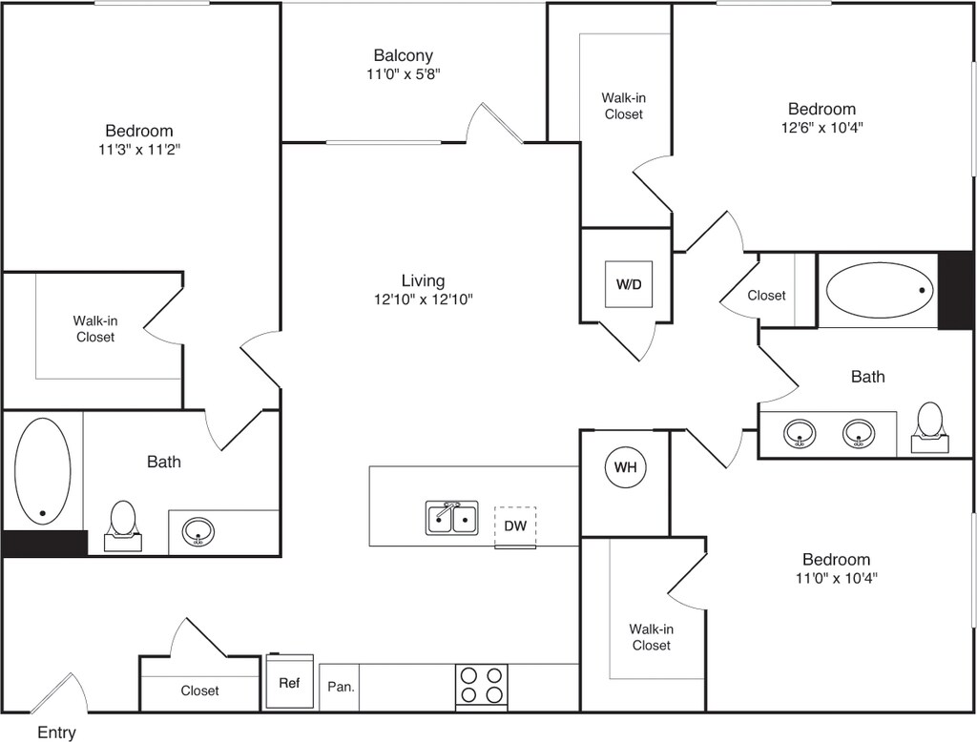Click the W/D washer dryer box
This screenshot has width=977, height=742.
[629, 283]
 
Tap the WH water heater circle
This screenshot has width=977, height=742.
[625, 467]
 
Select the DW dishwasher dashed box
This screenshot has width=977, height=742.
[515, 526]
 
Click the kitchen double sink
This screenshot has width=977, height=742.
[451, 518]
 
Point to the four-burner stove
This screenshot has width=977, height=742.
[481, 685]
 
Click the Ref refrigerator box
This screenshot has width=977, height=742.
[289, 683]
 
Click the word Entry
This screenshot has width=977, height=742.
[56, 732]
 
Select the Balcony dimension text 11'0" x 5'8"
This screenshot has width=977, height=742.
[403, 73]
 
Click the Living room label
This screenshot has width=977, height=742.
[423, 280]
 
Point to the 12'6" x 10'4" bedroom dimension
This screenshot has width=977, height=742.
[821, 127]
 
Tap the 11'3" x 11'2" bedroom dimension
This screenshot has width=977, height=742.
[139, 149]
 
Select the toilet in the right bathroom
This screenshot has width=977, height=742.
[929, 425]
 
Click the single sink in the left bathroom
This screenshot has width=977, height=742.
[199, 532]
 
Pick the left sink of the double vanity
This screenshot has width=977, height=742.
[800, 434]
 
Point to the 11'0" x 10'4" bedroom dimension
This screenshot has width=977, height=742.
[836, 577]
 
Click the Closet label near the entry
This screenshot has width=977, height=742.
[199, 690]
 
